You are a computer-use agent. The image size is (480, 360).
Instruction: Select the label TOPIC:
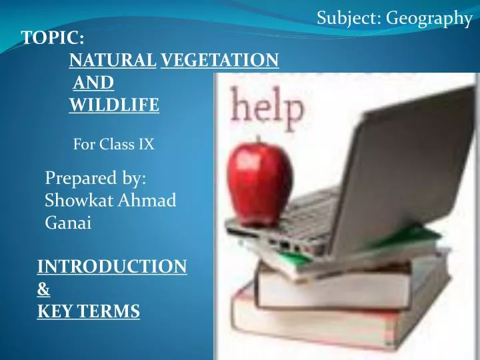point(53,39)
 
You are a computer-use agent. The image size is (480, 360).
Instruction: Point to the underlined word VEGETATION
point(220,61)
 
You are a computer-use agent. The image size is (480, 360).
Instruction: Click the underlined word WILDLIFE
point(114,105)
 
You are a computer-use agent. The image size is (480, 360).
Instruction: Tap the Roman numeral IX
point(147,143)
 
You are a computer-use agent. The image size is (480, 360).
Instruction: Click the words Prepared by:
point(96,179)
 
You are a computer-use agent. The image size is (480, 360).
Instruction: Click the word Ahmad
point(146,201)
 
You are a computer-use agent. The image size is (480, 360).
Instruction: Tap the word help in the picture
point(267,107)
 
